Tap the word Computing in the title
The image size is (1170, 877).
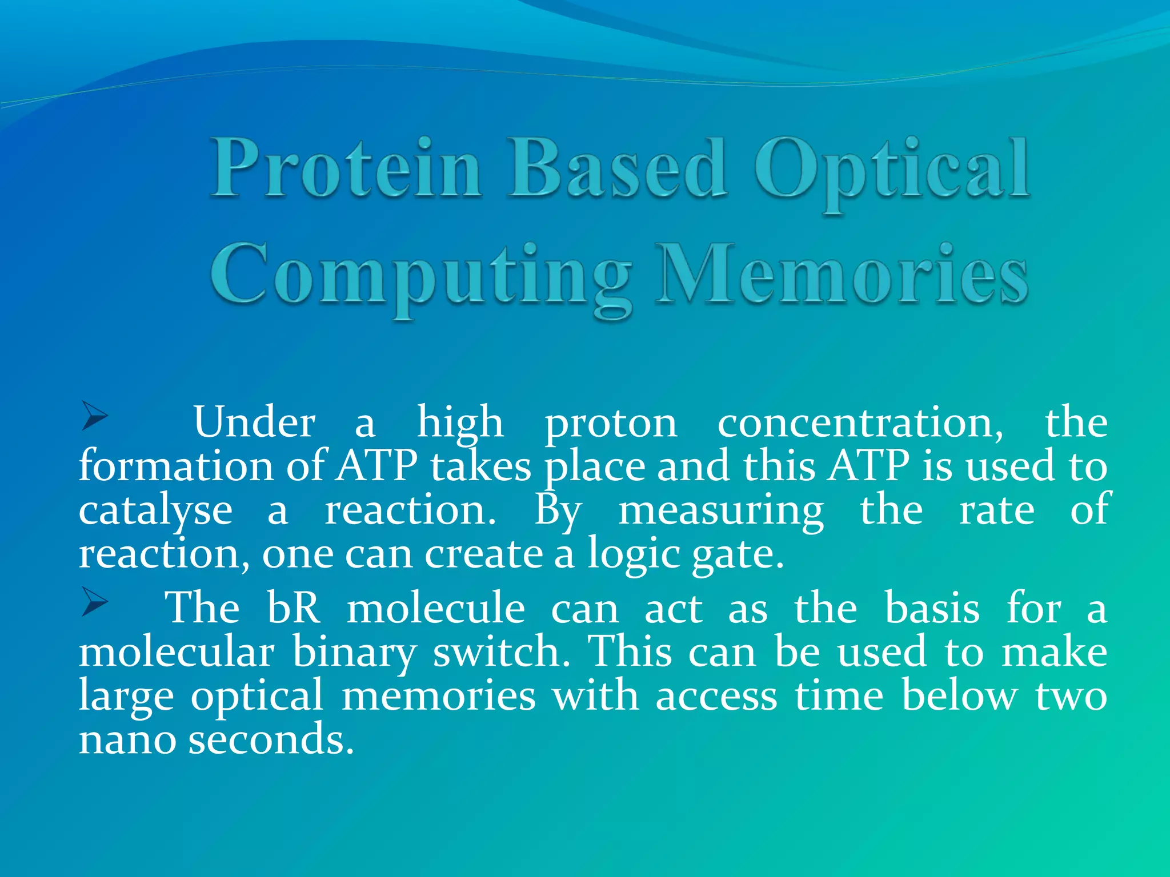(422, 277)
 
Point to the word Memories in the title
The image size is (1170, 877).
(841, 274)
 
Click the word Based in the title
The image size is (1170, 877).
(617, 169)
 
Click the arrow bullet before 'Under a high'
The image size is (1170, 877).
(94, 416)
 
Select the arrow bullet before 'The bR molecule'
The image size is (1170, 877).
(94, 602)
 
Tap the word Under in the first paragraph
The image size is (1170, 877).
(254, 423)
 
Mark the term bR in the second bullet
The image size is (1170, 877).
(294, 608)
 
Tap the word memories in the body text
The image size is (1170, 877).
(438, 696)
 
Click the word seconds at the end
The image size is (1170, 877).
(271, 739)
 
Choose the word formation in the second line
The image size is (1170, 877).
(177, 466)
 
